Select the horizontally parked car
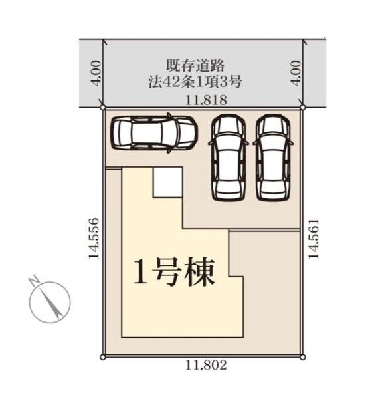click(153, 132)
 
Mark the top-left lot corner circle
click(102, 106)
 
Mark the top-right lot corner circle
click(302, 106)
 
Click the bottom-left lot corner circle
click(102, 357)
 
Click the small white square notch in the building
click(167, 182)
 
